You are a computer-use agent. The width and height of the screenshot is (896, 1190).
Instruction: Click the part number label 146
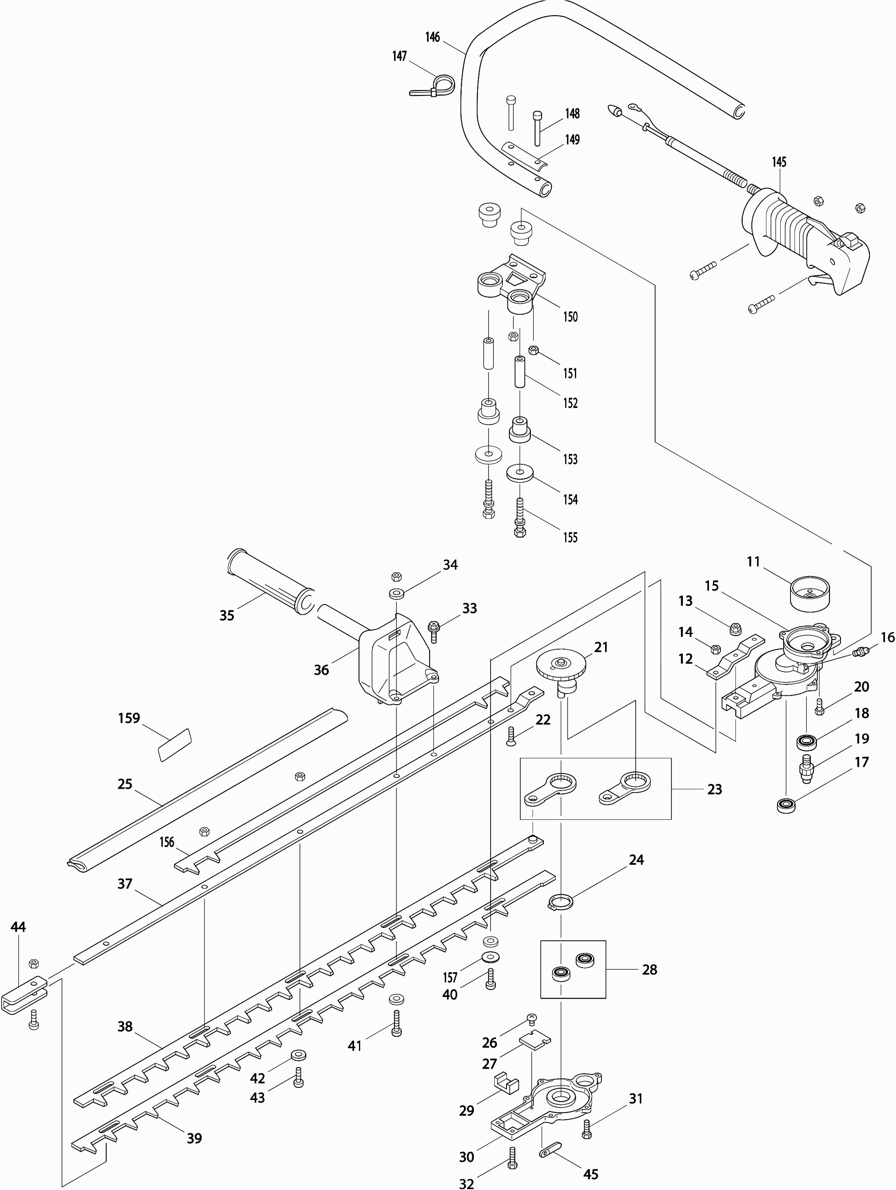pyautogui.click(x=432, y=37)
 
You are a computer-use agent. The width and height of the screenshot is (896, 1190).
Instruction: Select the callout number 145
pyautogui.click(x=779, y=162)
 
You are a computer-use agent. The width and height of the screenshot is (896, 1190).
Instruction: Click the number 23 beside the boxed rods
pyautogui.click(x=714, y=789)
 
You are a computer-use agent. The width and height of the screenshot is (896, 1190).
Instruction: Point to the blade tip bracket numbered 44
pyautogui.click(x=24, y=991)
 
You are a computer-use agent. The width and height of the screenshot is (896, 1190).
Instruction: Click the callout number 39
pyautogui.click(x=194, y=1138)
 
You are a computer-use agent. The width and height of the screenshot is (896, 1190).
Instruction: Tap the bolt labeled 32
pyautogui.click(x=512, y=1154)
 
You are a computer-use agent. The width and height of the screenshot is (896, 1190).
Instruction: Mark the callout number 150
pyautogui.click(x=570, y=316)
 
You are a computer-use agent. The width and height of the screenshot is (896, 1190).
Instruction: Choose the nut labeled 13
pyautogui.click(x=735, y=627)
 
